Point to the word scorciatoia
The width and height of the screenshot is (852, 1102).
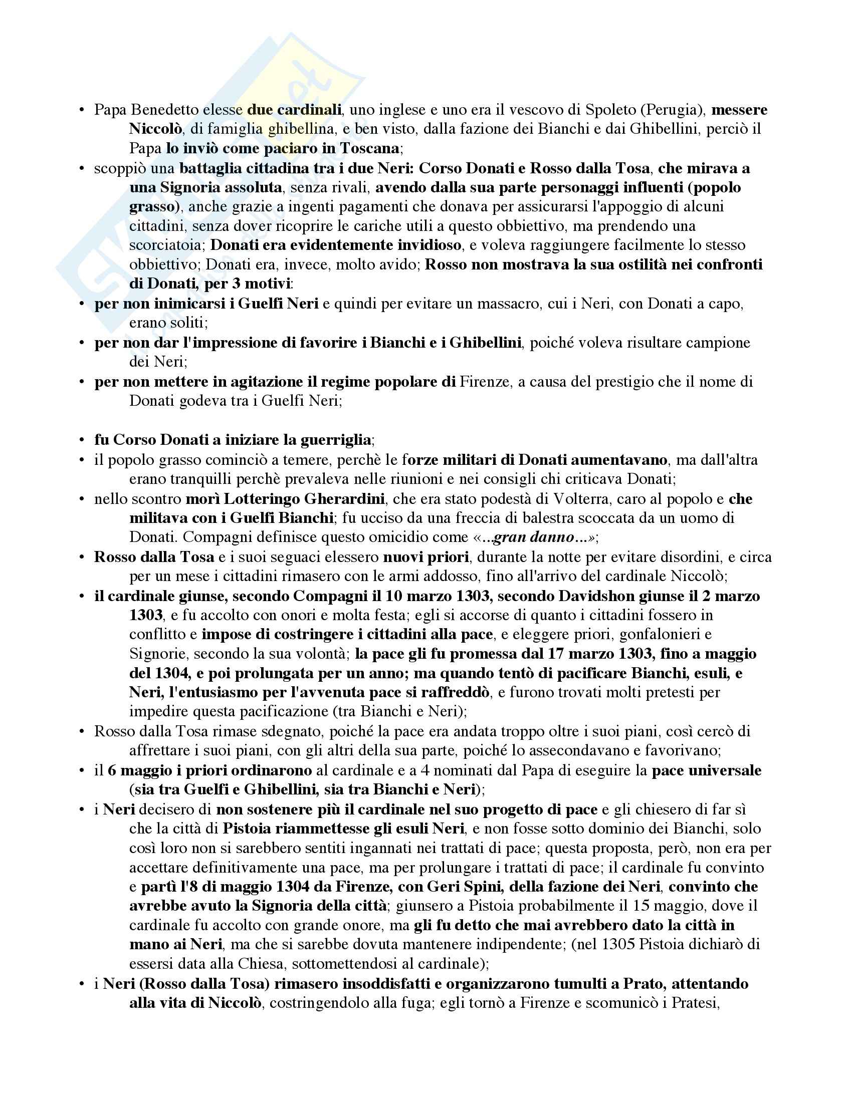point(166,245)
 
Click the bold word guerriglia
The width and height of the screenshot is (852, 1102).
point(335,440)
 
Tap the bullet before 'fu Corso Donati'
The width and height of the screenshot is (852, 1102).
point(81,440)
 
